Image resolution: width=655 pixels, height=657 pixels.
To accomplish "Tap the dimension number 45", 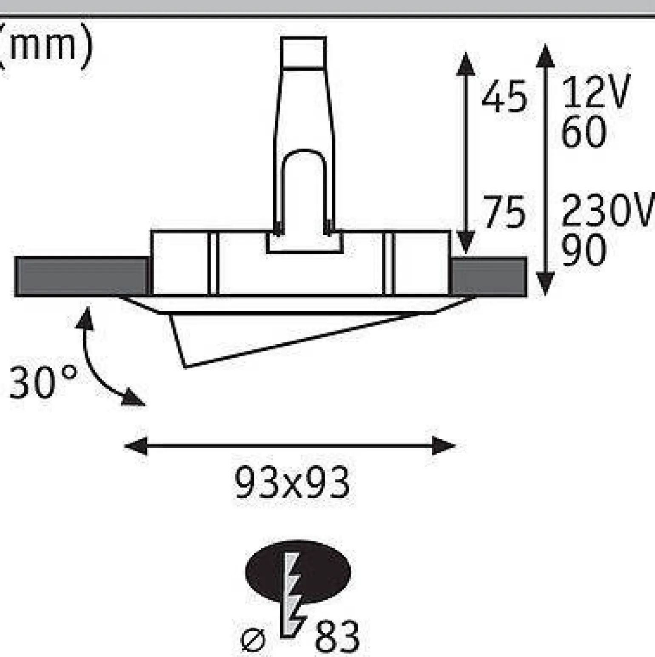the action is [504, 97].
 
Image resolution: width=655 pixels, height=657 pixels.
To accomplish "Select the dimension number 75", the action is [504, 212].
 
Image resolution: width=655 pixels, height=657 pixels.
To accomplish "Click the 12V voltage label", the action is [595, 91].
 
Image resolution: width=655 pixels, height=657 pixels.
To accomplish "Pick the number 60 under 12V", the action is [584, 131].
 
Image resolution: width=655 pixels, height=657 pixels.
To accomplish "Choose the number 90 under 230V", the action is [584, 250].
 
